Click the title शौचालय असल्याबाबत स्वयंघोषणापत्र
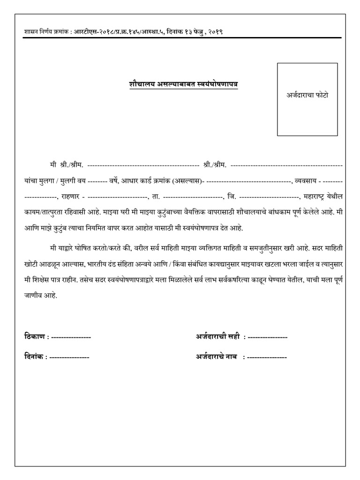tap(177, 84)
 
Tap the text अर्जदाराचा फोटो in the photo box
tap(307, 95)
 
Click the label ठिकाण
tap(34, 337)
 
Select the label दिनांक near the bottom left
tap(34, 357)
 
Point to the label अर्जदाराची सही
tap(217, 337)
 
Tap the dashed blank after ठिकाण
tap(71, 337)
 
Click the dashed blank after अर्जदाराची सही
tap(267, 337)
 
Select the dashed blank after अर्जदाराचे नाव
tap(267, 357)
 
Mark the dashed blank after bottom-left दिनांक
tap(69, 357)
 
